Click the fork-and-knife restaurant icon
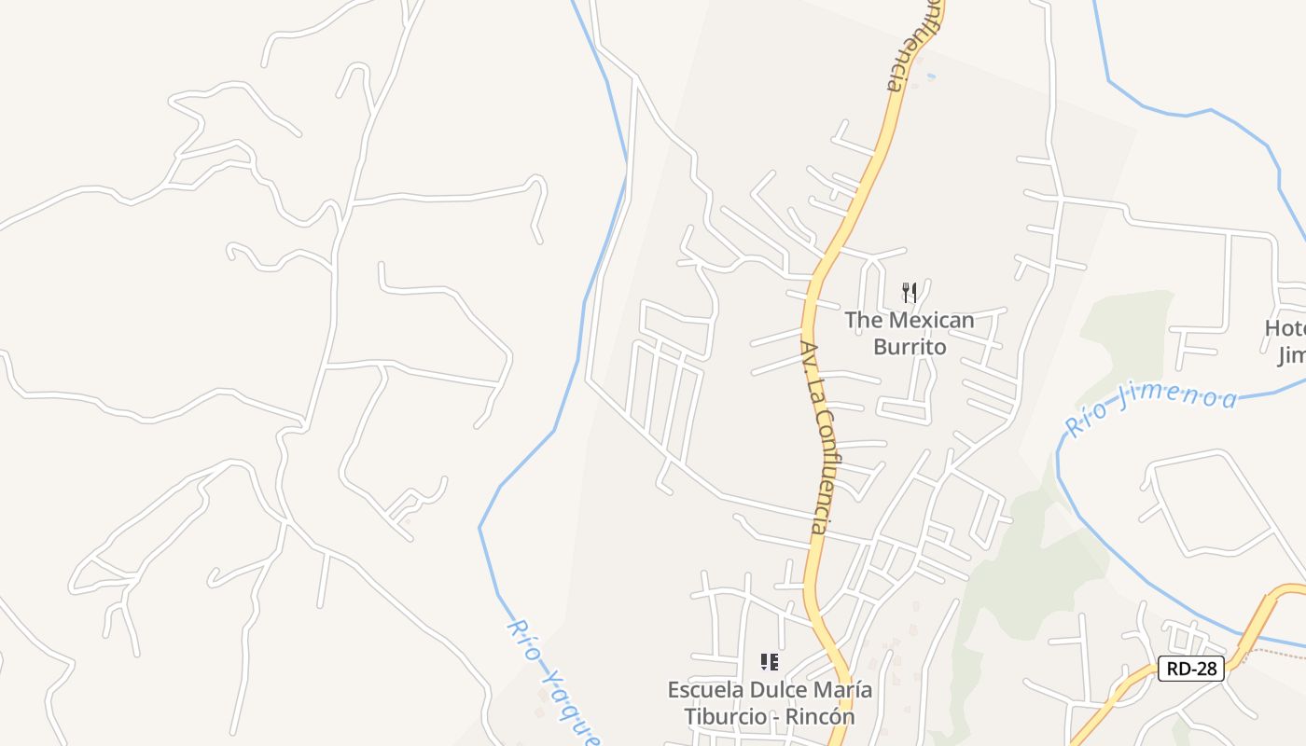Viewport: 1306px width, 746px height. [910, 293]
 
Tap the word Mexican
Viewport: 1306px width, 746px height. [930, 321]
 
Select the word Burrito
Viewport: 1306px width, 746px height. [910, 347]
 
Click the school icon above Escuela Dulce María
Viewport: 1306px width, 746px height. [770, 662]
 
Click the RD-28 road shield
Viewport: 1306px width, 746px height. [1190, 668]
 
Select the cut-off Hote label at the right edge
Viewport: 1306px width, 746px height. [1285, 328]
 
